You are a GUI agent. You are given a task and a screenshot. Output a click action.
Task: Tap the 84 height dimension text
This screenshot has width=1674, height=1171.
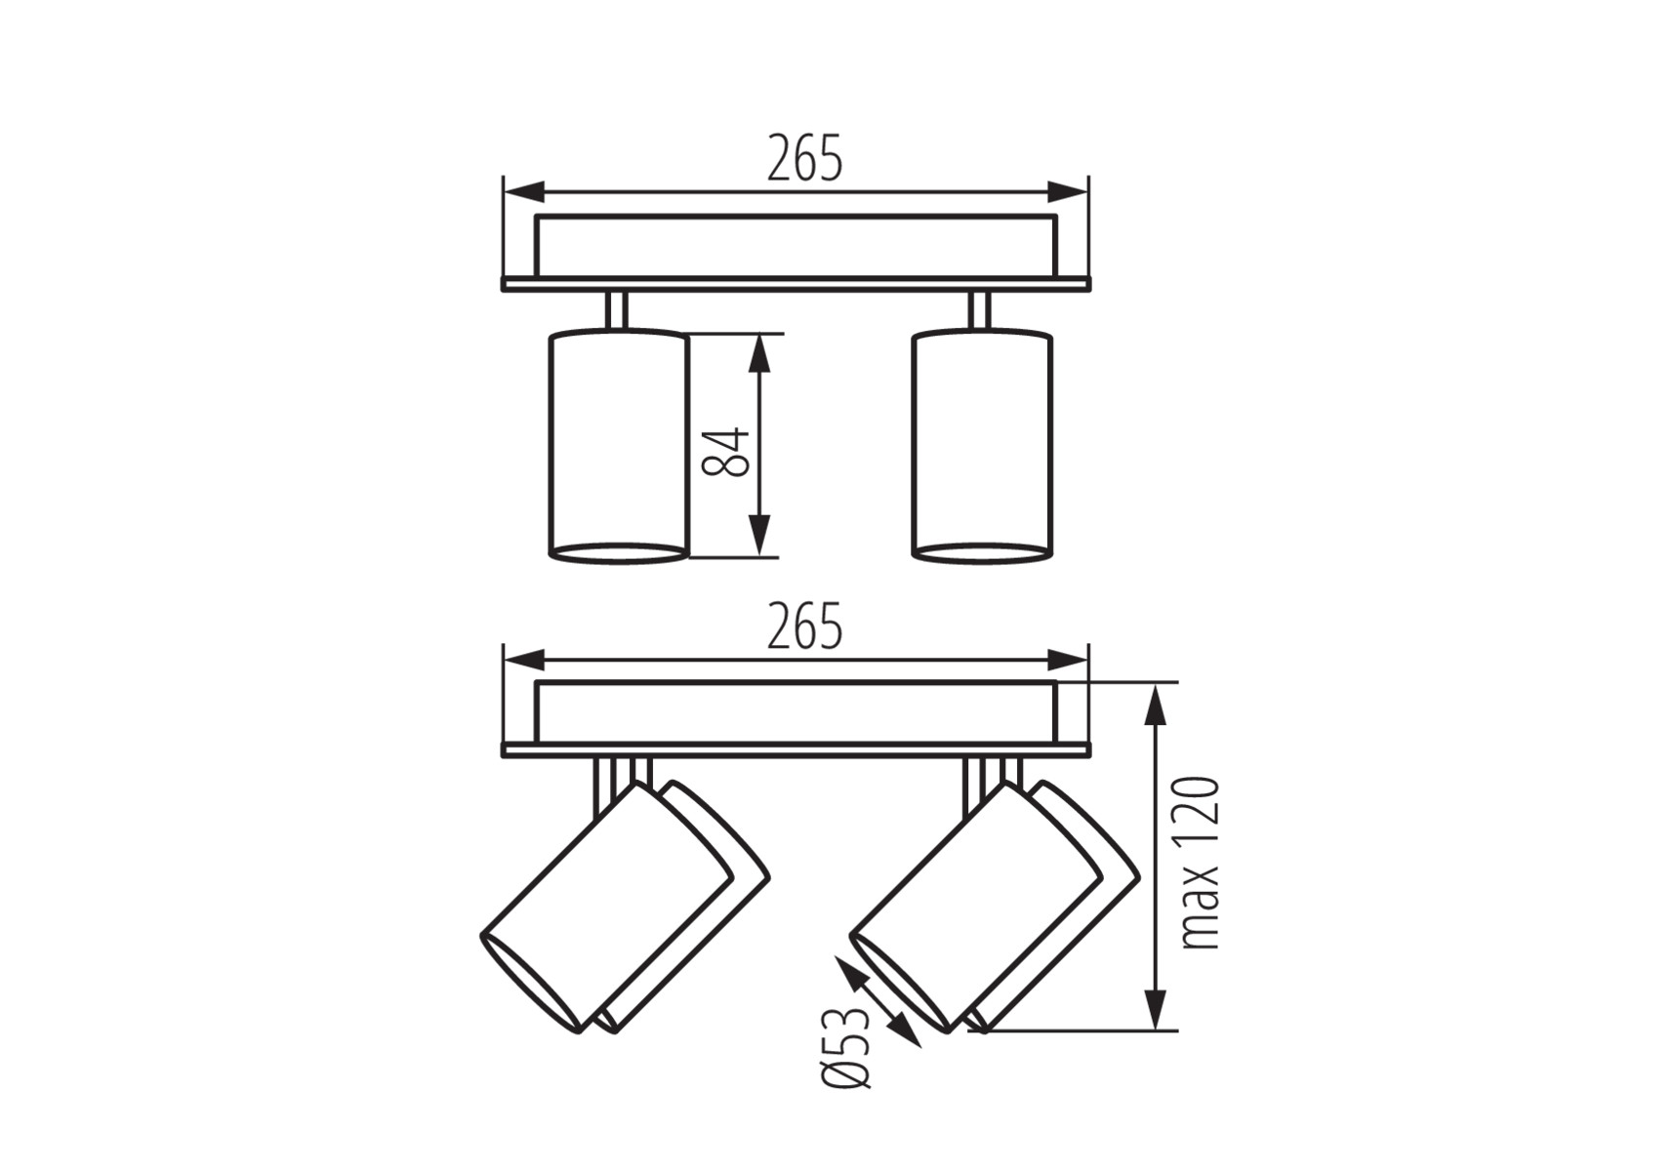727,452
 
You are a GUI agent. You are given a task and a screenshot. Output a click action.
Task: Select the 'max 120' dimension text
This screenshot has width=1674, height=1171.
1200,864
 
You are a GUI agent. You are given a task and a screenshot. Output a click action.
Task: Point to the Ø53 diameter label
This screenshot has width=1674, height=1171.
845,1046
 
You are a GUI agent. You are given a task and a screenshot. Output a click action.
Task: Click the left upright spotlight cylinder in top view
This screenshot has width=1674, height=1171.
619,447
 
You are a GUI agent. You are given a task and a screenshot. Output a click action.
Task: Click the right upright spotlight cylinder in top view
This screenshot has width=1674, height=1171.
982,447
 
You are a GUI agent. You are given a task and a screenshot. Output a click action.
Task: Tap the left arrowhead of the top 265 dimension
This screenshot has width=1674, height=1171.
523,191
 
